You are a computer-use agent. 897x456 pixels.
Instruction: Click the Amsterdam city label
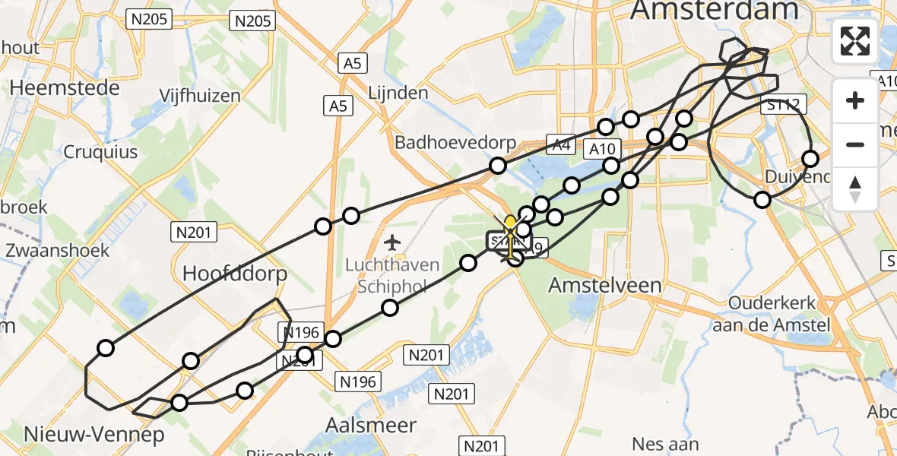pyautogui.click(x=715, y=10)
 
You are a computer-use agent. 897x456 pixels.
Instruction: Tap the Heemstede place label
pyautogui.click(x=65, y=87)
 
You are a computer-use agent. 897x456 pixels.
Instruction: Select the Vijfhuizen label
pyautogui.click(x=200, y=96)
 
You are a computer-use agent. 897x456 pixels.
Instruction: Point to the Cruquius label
pyautogui.click(x=100, y=152)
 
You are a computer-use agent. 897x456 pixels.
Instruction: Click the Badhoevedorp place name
pyautogui.click(x=455, y=143)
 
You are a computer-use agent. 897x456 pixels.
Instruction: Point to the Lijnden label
pyautogui.click(x=398, y=93)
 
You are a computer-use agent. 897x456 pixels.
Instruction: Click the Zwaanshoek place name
pyautogui.click(x=57, y=250)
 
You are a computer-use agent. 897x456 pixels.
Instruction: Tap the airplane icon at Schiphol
pyautogui.click(x=392, y=243)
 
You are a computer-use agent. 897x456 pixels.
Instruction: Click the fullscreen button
pyautogui.click(x=855, y=41)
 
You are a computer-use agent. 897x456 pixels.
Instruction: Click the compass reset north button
pyautogui.click(x=855, y=189)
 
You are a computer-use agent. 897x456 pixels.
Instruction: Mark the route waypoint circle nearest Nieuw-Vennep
pyautogui.click(x=179, y=403)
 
